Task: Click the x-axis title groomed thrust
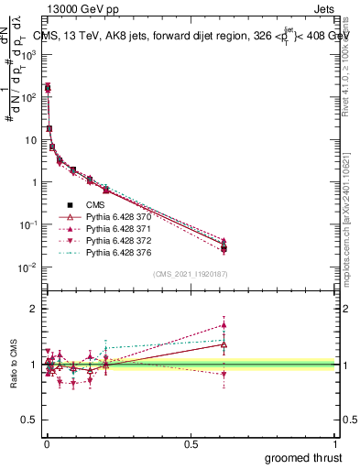pos(304,457)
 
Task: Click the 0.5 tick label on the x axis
pos(191,443)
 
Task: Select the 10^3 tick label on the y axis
pos(27,54)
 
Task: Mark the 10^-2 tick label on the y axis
pos(27,267)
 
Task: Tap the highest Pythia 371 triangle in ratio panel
pos(224,324)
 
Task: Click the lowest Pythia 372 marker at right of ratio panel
pos(224,374)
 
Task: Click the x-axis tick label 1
pos(336,443)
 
